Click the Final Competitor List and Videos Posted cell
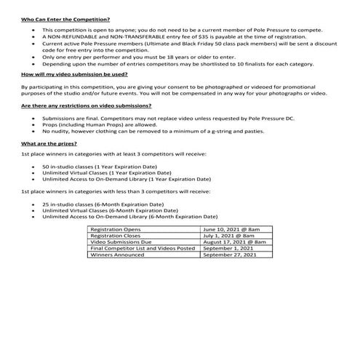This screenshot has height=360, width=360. [142, 249]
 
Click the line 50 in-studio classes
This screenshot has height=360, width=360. [100, 167]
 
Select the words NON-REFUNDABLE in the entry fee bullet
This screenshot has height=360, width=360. [74, 36]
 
